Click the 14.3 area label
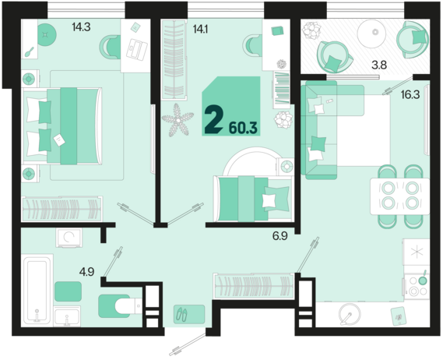(x=81, y=27)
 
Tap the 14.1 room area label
(x=200, y=29)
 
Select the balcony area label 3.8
(x=379, y=65)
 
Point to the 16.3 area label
(x=410, y=95)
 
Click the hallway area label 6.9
(x=280, y=236)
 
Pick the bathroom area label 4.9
(x=86, y=272)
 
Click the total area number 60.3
(x=243, y=128)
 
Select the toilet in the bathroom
(x=128, y=305)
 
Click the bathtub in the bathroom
(x=37, y=289)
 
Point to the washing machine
(x=69, y=238)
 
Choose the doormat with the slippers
(x=189, y=314)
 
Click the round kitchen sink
(x=350, y=315)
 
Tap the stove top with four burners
(x=417, y=287)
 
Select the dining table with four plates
(x=399, y=196)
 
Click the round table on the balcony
(x=375, y=32)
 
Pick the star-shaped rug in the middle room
(x=178, y=120)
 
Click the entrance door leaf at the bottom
(x=188, y=344)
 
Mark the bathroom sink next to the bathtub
(x=67, y=316)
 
